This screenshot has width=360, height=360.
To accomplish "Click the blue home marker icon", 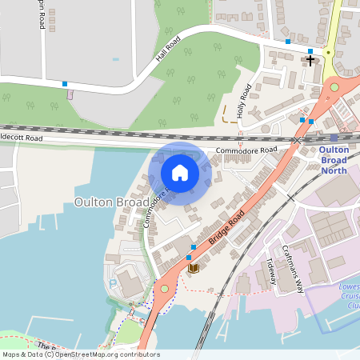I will pyautogui.click(x=180, y=173).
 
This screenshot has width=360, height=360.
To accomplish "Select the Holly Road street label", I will pyautogui.click(x=245, y=101).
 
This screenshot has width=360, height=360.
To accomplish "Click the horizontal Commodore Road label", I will pyautogui.click(x=246, y=150).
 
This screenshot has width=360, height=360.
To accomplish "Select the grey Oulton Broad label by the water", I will pyautogui.click(x=111, y=202).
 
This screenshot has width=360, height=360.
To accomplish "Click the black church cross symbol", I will pyautogui.click(x=310, y=60).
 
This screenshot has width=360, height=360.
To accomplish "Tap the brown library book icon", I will pyautogui.click(x=192, y=268).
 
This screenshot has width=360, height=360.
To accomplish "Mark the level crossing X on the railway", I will pyautogui.click(x=297, y=140).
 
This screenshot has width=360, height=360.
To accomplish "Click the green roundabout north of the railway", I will pyautogui.click(x=334, y=87).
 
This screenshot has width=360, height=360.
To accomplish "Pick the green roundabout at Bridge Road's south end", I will pyautogui.click(x=165, y=288).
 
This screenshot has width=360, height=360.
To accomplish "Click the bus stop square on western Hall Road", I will pyautogui.click(x=65, y=83).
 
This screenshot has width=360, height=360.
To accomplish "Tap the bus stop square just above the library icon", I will pyautogui.click(x=194, y=246).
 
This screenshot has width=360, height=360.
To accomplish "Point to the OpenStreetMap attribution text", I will pyautogui.click(x=80, y=354).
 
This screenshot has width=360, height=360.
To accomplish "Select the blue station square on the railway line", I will pyautogui.click(x=334, y=138).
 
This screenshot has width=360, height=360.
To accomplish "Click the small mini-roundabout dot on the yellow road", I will pyautogui.click(x=328, y=53).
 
